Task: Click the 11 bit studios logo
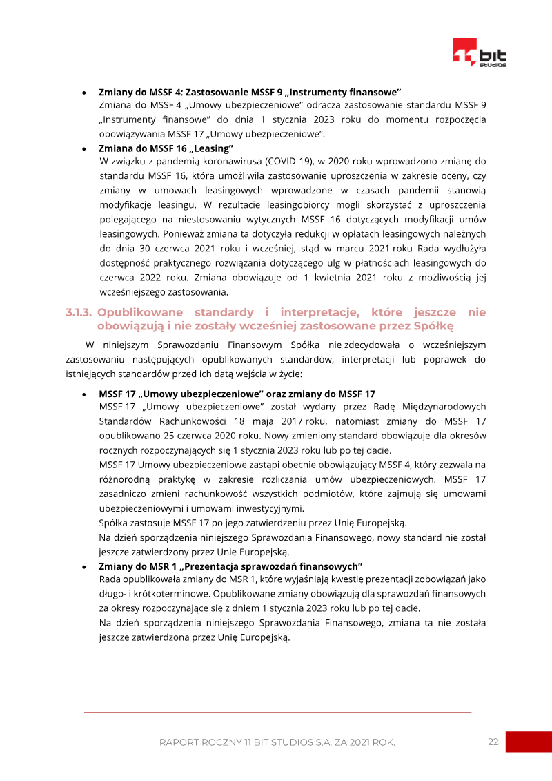pyautogui.click(x=480, y=53)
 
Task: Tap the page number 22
pyautogui.click(x=493, y=742)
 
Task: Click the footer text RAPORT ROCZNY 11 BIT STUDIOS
pyautogui.click(x=277, y=742)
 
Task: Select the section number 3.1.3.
pyautogui.click(x=79, y=313)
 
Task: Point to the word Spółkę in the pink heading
pyautogui.click(x=433, y=326)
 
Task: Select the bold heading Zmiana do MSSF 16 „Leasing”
pyautogui.click(x=166, y=148)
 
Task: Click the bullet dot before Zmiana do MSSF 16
pyautogui.click(x=83, y=148)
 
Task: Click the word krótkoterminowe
pyautogui.click(x=164, y=593)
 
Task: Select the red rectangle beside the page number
pyautogui.click(x=529, y=742)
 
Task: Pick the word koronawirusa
pyautogui.click(x=224, y=161)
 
